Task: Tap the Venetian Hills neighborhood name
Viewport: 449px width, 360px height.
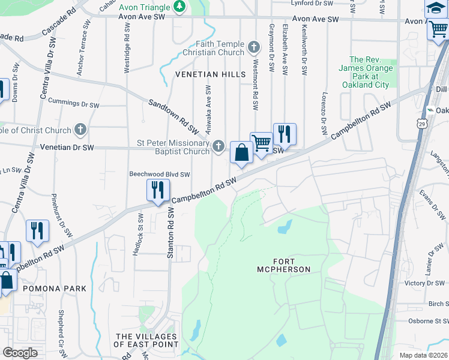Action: pos(210,74)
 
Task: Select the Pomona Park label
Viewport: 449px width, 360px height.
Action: pos(55,289)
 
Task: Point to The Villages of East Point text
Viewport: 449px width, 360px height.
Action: pos(146,340)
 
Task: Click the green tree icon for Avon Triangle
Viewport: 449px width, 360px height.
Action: pos(179,7)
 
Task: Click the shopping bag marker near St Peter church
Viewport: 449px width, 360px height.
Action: pos(241,152)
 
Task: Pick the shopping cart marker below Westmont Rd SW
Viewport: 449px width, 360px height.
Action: pos(261,143)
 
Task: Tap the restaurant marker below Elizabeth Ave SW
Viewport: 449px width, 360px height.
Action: pos(284,134)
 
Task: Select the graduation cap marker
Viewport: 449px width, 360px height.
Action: pos(436,8)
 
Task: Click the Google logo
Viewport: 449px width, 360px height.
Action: pos(20,353)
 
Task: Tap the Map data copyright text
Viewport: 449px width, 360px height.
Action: pos(423,355)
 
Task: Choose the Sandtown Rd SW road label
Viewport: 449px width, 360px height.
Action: pos(173,116)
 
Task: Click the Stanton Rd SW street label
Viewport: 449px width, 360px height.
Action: pos(170,234)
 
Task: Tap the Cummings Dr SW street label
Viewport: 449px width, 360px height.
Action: pos(73,104)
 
